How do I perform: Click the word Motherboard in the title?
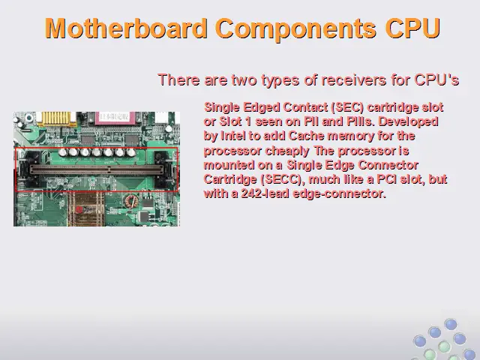pos(126,28)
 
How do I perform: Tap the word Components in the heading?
pos(295,29)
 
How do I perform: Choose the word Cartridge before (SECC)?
pos(230,179)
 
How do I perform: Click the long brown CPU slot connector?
pos(97,169)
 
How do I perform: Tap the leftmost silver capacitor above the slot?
pos(63,151)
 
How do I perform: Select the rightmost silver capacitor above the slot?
pos(131,152)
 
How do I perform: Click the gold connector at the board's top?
pos(56,118)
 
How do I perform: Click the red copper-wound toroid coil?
pos(130,202)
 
